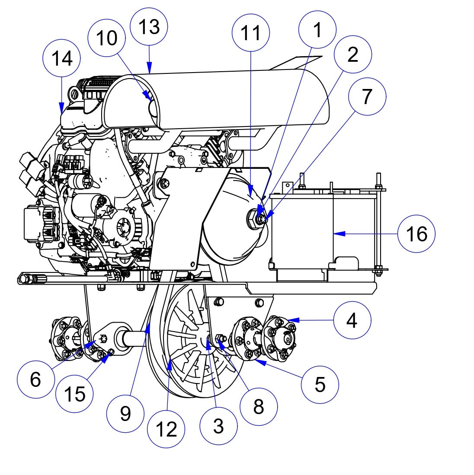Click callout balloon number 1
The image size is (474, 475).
point(317,30)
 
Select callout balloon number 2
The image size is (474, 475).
point(352,54)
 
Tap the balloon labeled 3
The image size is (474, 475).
point(218,426)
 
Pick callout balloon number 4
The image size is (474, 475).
point(352,320)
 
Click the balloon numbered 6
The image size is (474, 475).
point(35,380)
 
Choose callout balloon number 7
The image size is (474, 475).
point(367,96)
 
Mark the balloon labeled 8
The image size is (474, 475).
point(259,406)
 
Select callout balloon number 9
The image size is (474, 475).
point(125,414)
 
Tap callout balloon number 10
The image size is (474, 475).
point(106,38)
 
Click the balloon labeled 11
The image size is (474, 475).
point(250,32)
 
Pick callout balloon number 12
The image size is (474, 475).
point(166,429)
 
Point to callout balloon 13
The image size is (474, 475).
point(149,26)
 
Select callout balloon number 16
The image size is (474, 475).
point(416,234)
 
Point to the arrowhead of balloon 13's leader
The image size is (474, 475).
point(149,71)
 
